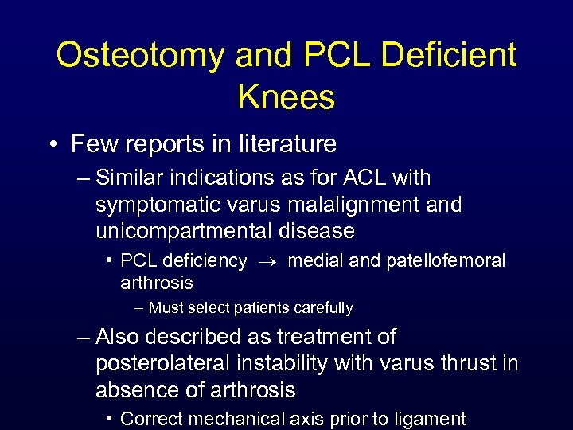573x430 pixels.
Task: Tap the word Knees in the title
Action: (x=286, y=97)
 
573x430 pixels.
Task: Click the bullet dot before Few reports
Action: (x=53, y=145)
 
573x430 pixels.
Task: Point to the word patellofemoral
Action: (x=446, y=260)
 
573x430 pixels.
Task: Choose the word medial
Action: (x=313, y=260)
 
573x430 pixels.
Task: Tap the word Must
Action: (x=165, y=307)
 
